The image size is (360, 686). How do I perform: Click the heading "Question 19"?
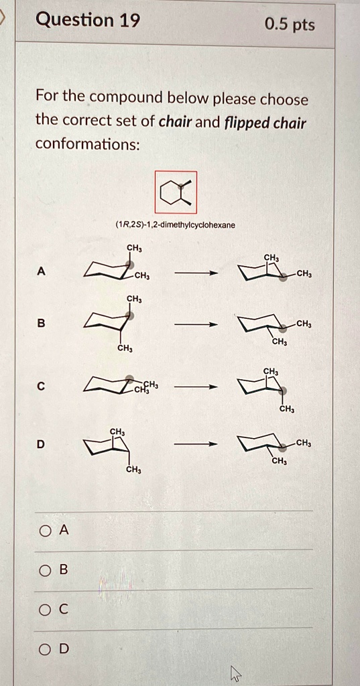87,21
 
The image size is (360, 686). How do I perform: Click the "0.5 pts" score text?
289,25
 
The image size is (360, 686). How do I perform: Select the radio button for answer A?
45,530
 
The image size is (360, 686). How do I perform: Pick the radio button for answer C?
45,609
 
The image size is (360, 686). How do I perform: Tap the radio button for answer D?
45,648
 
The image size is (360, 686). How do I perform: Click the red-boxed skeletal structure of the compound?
176,192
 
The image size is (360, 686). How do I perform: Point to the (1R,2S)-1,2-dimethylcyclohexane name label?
175,225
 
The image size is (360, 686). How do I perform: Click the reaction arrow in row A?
196,273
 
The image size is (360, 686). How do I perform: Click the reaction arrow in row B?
196,324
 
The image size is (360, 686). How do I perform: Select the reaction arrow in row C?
196,387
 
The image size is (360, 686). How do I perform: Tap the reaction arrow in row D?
196,443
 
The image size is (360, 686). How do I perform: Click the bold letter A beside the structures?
42,271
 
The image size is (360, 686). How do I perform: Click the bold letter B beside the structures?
42,324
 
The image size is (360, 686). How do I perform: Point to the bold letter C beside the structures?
42,387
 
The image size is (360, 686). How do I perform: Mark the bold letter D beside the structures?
42,443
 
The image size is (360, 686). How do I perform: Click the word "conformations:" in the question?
87,144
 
